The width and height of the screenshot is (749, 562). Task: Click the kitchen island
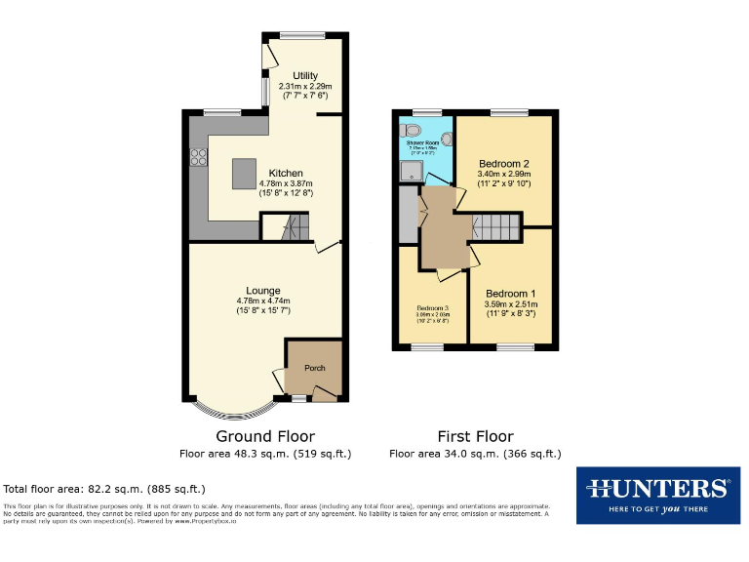[244, 174]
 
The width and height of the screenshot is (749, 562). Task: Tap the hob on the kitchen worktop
[198, 153]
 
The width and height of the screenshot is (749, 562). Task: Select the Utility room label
[305, 75]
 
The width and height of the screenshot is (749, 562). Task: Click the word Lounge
[263, 290]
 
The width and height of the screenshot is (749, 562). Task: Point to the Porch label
[315, 368]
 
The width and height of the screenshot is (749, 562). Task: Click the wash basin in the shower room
[448, 139]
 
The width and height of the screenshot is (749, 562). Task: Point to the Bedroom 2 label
[504, 163]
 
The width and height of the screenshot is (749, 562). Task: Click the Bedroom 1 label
[511, 294]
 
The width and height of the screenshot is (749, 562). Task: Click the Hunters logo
[657, 495]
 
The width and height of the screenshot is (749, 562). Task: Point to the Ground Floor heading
[265, 436]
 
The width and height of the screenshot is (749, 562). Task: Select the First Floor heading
[475, 436]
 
